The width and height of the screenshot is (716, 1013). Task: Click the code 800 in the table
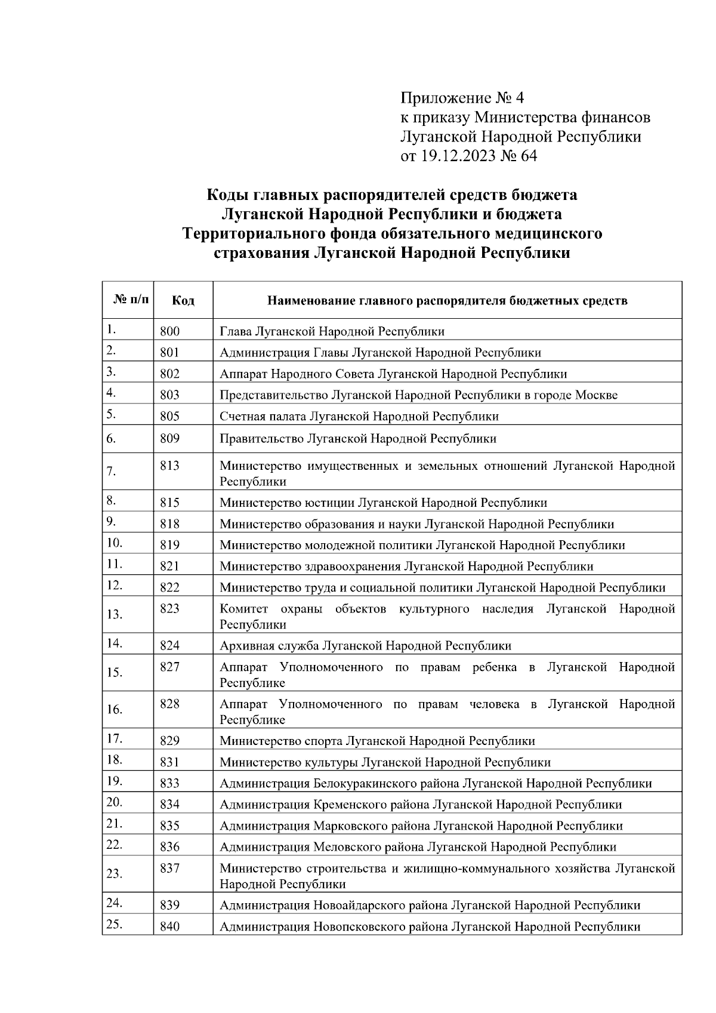169,331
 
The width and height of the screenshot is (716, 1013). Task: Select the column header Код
183,300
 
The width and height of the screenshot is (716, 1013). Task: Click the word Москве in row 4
596,395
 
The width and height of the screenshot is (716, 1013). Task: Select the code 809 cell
169,439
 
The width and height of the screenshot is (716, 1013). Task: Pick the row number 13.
114,614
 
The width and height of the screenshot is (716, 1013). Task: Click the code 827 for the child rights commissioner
169,667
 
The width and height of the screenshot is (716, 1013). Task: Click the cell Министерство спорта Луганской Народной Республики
377,741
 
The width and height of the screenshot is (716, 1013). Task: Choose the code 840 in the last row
169,927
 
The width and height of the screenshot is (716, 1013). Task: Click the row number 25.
114,925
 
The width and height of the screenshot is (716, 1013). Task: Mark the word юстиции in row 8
329,503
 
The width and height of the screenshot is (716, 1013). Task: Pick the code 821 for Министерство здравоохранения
169,566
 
